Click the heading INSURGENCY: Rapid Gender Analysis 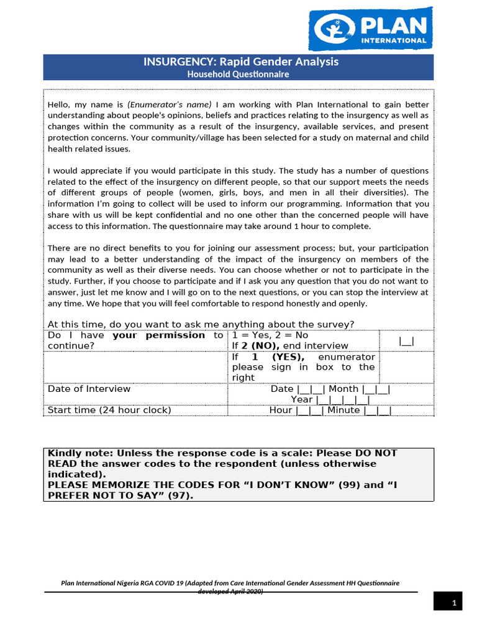coord(242,62)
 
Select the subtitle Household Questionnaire coord(238,74)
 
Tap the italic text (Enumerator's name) coord(170,104)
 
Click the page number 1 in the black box coord(454,603)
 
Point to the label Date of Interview coord(89,389)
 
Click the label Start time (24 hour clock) coord(109,410)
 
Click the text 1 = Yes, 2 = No coord(270,335)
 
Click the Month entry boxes coord(376,389)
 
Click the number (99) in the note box coord(348,485)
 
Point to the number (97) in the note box coord(176,495)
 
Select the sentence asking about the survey coord(201,324)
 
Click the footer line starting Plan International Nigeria coord(230,584)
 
